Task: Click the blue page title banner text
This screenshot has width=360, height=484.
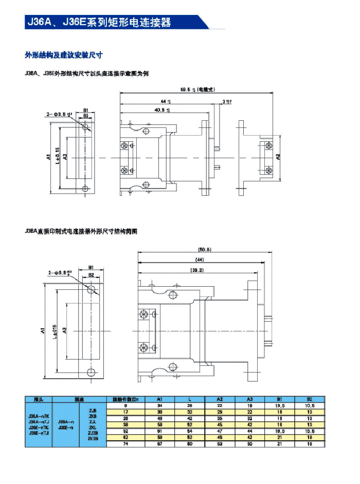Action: (98, 22)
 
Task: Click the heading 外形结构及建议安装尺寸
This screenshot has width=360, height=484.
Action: (64, 54)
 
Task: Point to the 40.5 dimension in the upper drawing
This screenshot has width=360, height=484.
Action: (163, 109)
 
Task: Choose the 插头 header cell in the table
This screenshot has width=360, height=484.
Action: (39, 399)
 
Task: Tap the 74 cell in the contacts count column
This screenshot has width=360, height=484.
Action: (125, 443)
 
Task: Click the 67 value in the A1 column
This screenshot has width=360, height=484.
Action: (159, 443)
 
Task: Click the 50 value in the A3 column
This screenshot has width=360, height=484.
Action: (249, 443)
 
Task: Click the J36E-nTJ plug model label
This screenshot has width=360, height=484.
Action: (39, 433)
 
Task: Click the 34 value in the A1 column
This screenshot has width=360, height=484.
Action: (159, 405)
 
